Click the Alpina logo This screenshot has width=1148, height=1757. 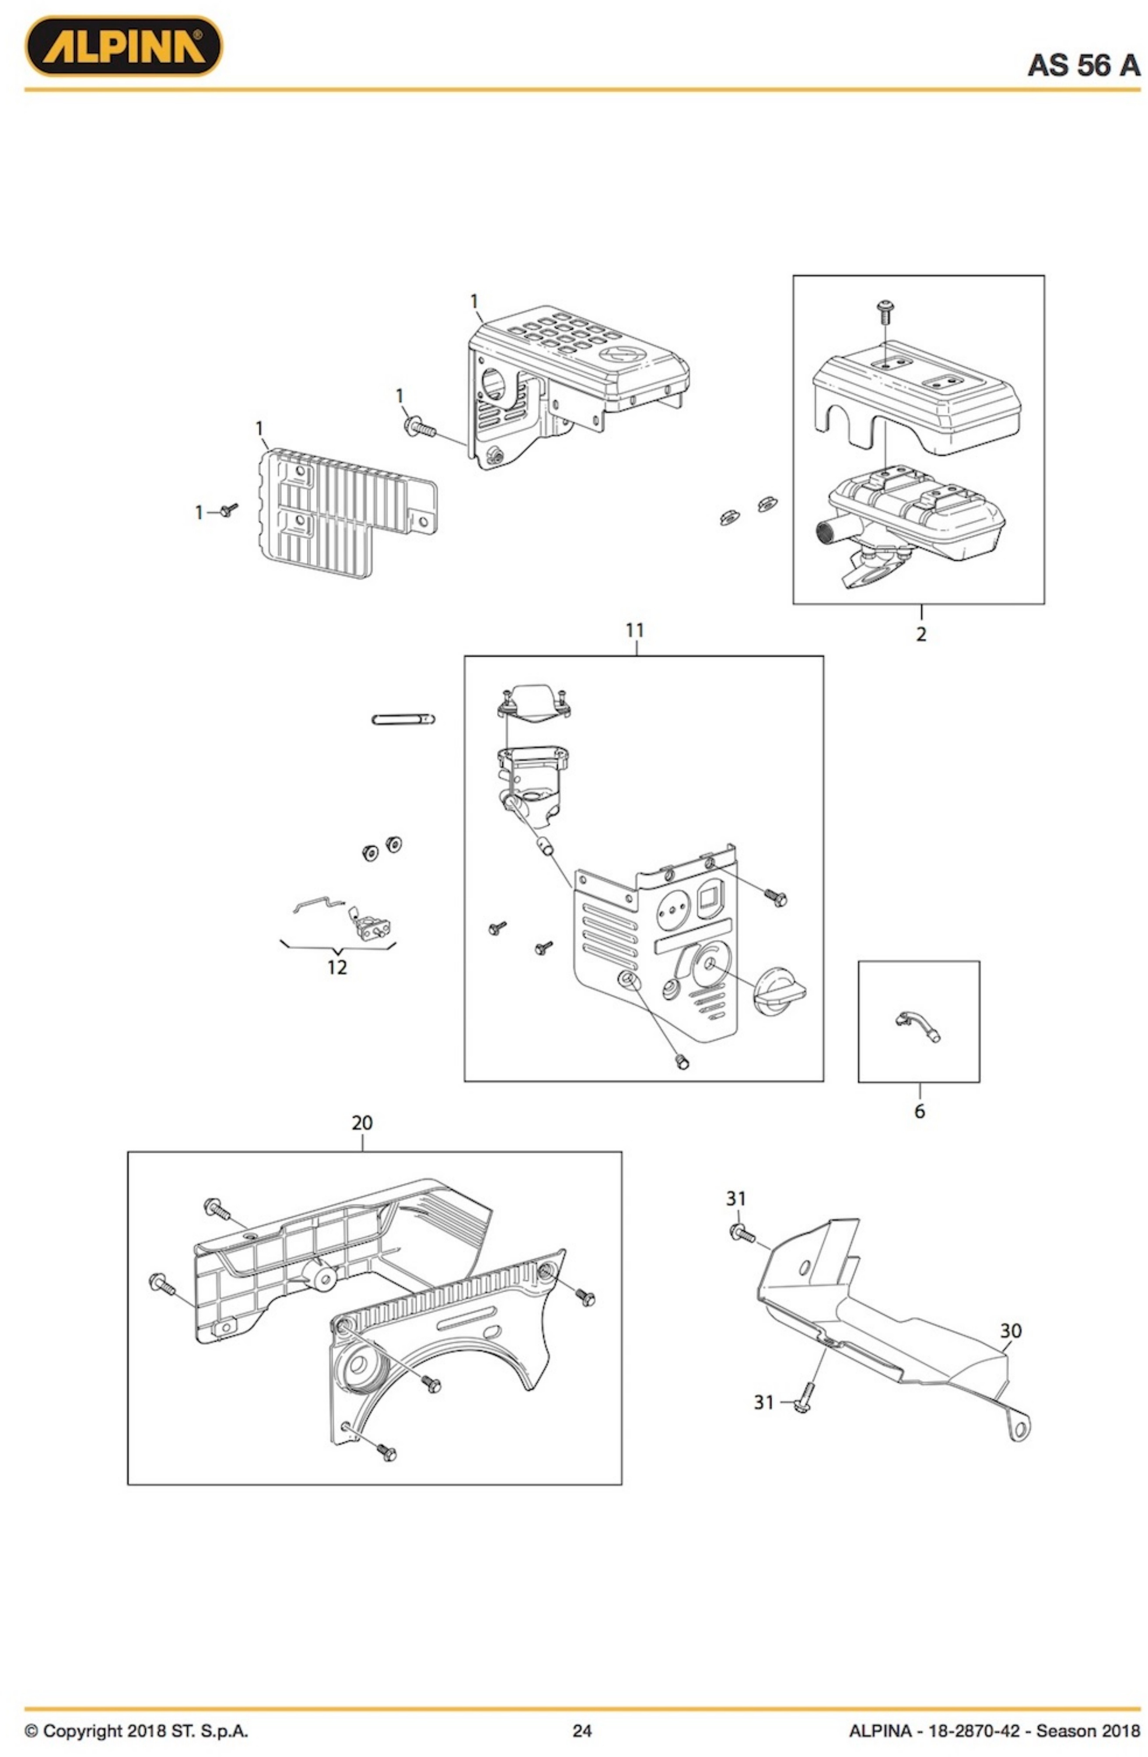point(123,46)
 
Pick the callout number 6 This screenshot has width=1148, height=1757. point(919,1111)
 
